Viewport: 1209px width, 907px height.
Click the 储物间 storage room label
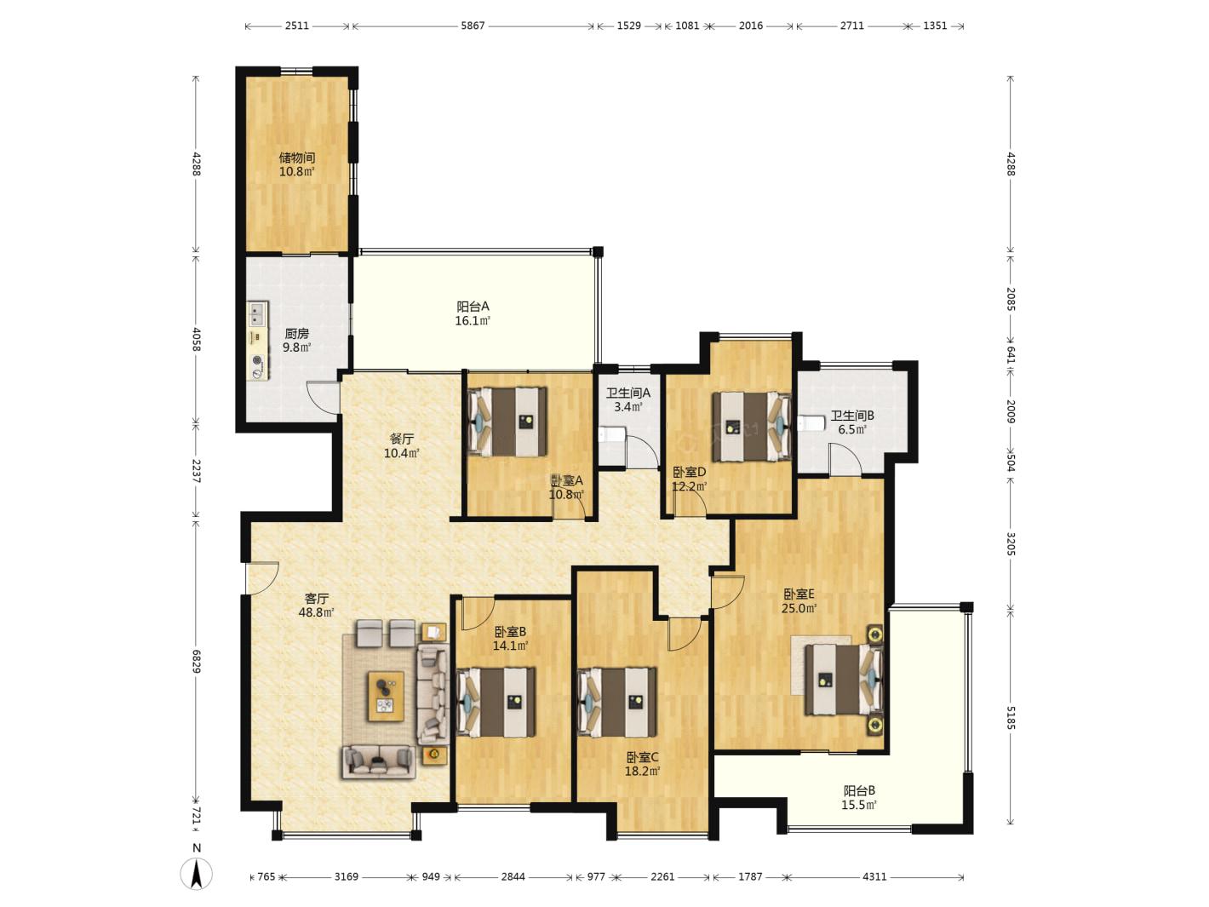point(296,158)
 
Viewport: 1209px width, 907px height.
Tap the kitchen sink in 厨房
point(256,314)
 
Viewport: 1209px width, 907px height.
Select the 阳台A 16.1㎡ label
point(473,313)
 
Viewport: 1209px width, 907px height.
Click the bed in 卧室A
point(507,422)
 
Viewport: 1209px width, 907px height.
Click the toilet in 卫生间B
point(811,422)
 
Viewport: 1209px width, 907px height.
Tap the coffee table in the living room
point(386,696)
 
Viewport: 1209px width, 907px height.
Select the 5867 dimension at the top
point(473,26)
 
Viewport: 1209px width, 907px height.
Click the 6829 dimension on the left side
point(197,661)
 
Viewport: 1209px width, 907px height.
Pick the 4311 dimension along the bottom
point(874,876)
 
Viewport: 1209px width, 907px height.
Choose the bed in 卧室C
point(617,702)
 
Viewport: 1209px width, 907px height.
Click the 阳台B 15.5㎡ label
point(859,797)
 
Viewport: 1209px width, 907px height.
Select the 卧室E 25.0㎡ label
point(799,600)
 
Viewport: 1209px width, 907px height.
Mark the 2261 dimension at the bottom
point(662,876)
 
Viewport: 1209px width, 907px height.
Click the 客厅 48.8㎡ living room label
point(316,605)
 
